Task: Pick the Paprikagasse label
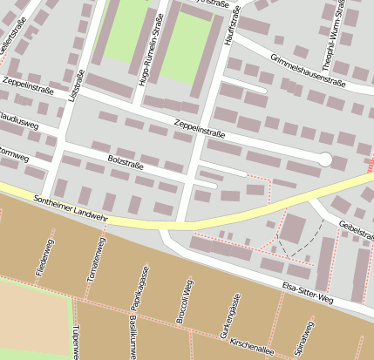pos(135,292)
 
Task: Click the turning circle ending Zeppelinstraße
pos(324,159)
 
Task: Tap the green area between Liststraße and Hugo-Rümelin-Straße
pos(126,31)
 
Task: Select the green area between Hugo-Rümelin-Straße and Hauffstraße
pos(189,48)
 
